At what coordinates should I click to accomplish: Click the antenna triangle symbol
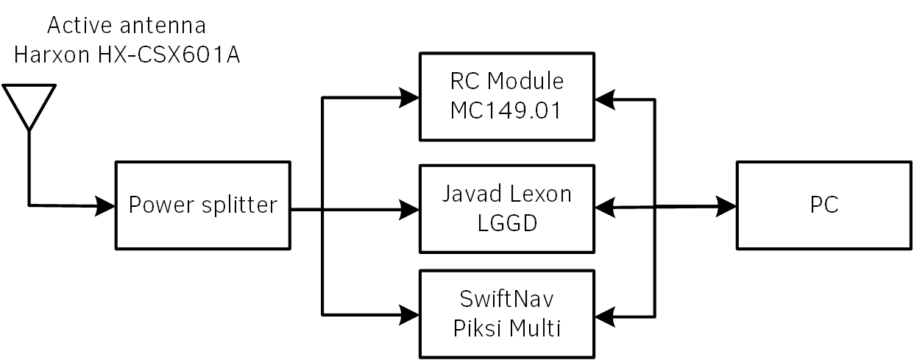(29, 85)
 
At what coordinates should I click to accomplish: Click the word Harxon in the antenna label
(52, 54)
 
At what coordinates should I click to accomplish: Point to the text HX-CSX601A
(169, 54)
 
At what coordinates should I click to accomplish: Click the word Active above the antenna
(79, 25)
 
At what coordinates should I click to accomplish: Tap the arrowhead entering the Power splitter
(104, 205)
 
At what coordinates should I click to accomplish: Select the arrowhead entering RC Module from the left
(409, 98)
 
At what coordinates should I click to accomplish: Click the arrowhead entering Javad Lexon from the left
(409, 210)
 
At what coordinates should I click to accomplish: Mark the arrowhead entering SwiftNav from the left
(409, 315)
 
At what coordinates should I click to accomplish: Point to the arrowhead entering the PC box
(726, 207)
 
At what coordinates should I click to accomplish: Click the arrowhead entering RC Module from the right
(605, 99)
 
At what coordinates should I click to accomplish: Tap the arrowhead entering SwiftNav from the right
(605, 317)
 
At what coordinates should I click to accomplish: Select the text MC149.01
(506, 110)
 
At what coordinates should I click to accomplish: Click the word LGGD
(507, 223)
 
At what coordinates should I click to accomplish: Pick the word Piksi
(478, 328)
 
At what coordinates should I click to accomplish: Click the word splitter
(239, 205)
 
